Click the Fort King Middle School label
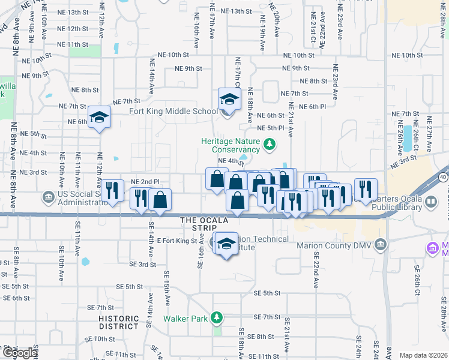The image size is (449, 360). [x=173, y=111]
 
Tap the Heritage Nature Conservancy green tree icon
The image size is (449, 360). [x=270, y=144]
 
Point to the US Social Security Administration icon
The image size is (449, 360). [x=48, y=196]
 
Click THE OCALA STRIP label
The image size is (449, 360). [x=202, y=224]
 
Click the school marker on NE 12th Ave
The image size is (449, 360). [x=99, y=117]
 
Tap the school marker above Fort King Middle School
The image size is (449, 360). [x=229, y=98]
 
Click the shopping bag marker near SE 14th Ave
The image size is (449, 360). [x=160, y=200]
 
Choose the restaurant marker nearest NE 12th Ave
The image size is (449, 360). [x=112, y=191]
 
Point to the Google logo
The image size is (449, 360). [x=20, y=353]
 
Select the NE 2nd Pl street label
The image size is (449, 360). [x=145, y=181]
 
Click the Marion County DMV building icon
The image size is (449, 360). [x=379, y=245]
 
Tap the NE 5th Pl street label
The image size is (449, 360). [x=270, y=128]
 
